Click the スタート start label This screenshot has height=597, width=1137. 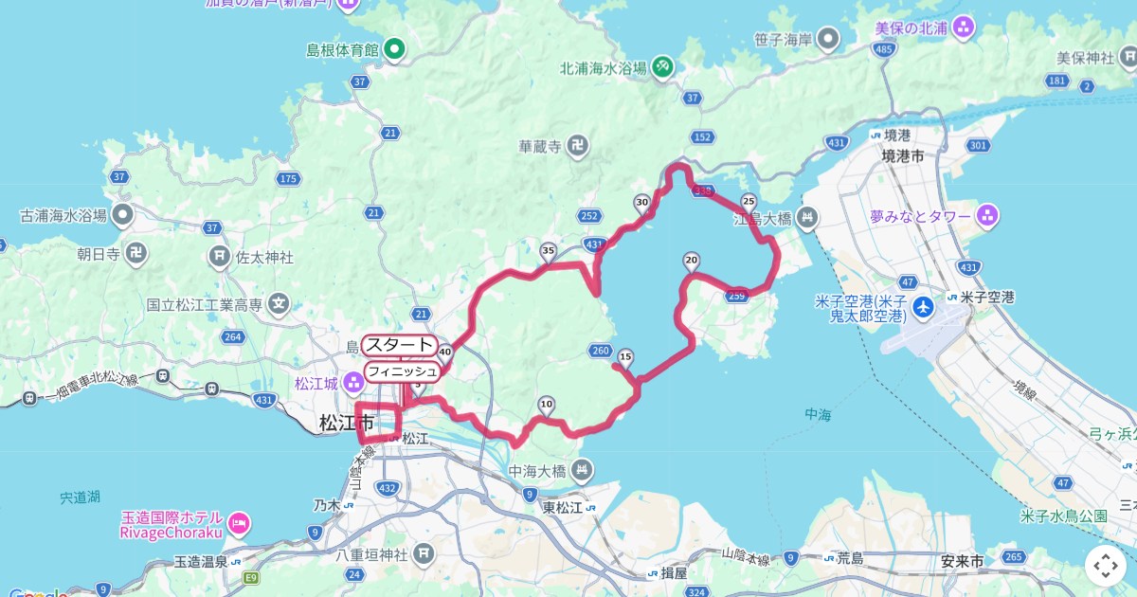pos(400,345)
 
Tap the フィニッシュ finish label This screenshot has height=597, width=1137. pos(402,371)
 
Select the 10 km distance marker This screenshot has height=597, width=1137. pos(546,406)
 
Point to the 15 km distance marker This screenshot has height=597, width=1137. pos(624,357)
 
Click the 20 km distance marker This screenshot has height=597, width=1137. pos(691,261)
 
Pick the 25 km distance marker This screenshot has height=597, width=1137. pos(749,201)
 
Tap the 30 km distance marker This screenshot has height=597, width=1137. pos(642,202)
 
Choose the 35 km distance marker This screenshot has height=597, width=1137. pos(548,251)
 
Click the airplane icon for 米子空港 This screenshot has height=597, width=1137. pos(924,307)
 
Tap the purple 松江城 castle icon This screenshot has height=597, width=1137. pos(353,383)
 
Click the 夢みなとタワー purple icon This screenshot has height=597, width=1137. pos(987,217)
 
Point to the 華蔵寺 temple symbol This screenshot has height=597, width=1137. pos(578,146)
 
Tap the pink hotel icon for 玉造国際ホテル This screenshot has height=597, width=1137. pos(239,522)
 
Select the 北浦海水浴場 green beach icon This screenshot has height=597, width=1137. pos(663,66)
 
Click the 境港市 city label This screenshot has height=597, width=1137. pos(902,155)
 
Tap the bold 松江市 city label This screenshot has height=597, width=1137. pos(347,423)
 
